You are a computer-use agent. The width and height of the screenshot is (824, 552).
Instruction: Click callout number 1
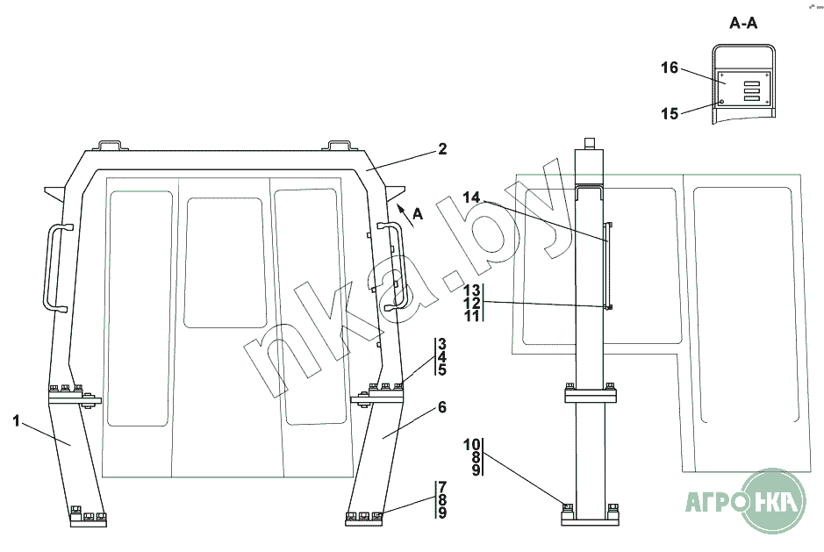coord(17,421)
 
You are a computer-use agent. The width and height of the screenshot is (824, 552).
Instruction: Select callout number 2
coord(442,149)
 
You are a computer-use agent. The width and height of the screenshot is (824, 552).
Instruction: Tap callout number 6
coord(441,407)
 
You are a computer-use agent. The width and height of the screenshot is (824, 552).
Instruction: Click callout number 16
coord(669,68)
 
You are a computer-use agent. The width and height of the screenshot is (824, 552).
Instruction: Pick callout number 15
coord(669,113)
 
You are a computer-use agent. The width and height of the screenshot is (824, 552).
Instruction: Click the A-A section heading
coord(743,25)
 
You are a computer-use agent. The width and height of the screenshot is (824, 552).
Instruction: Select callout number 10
coord(472,444)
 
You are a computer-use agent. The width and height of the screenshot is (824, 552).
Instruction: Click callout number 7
coord(442,487)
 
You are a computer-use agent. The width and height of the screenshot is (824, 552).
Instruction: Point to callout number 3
coord(442,344)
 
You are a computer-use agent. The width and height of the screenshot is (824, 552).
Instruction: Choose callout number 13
coord(472,290)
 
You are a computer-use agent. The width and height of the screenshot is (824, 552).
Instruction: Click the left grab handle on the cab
coord(50,267)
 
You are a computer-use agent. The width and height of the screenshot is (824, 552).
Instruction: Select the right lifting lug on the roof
coord(340,143)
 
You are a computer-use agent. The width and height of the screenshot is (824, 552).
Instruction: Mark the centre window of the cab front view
coord(225,262)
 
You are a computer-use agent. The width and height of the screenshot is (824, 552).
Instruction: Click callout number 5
coord(442,370)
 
